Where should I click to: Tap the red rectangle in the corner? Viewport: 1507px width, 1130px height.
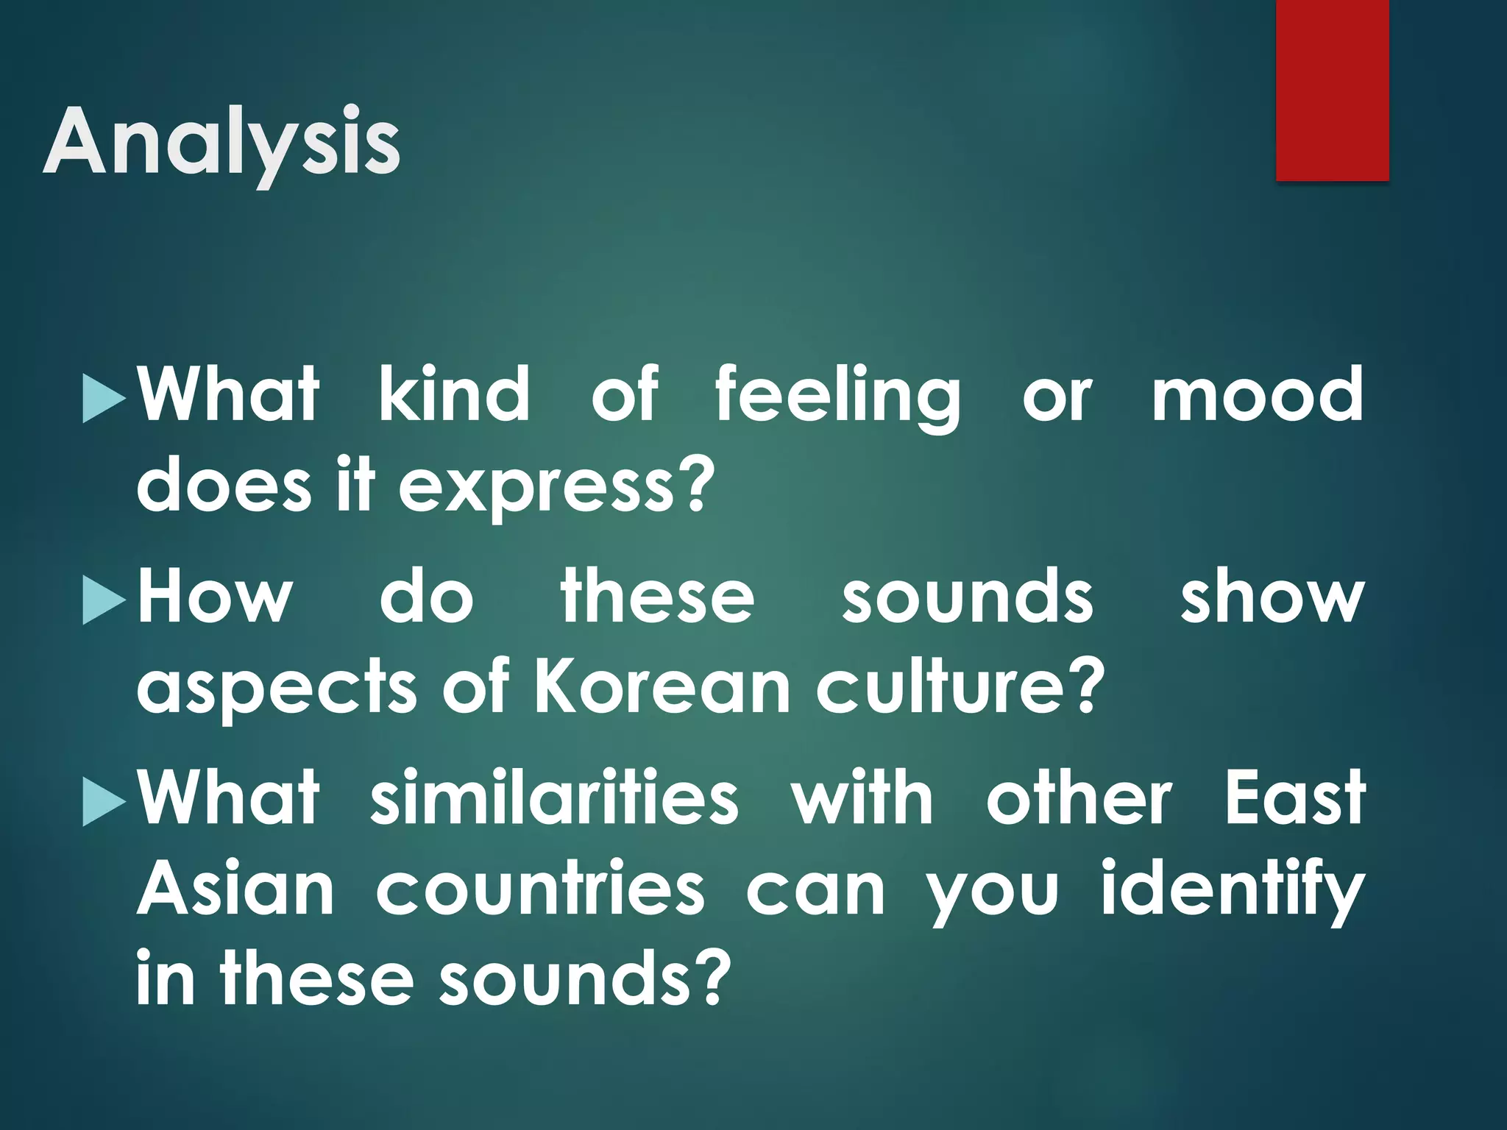pyautogui.click(x=1332, y=90)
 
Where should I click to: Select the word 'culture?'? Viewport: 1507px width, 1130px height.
pyautogui.click(x=960, y=687)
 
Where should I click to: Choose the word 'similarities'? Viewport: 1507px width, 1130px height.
pyautogui.click(x=554, y=798)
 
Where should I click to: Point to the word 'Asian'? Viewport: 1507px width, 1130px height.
pyautogui.click(x=235, y=889)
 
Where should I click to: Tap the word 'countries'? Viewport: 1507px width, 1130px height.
pyautogui.click(x=541, y=889)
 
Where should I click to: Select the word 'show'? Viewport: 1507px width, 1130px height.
pyautogui.click(x=1272, y=597)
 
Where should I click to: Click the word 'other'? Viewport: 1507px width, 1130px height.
pyautogui.click(x=1079, y=798)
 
